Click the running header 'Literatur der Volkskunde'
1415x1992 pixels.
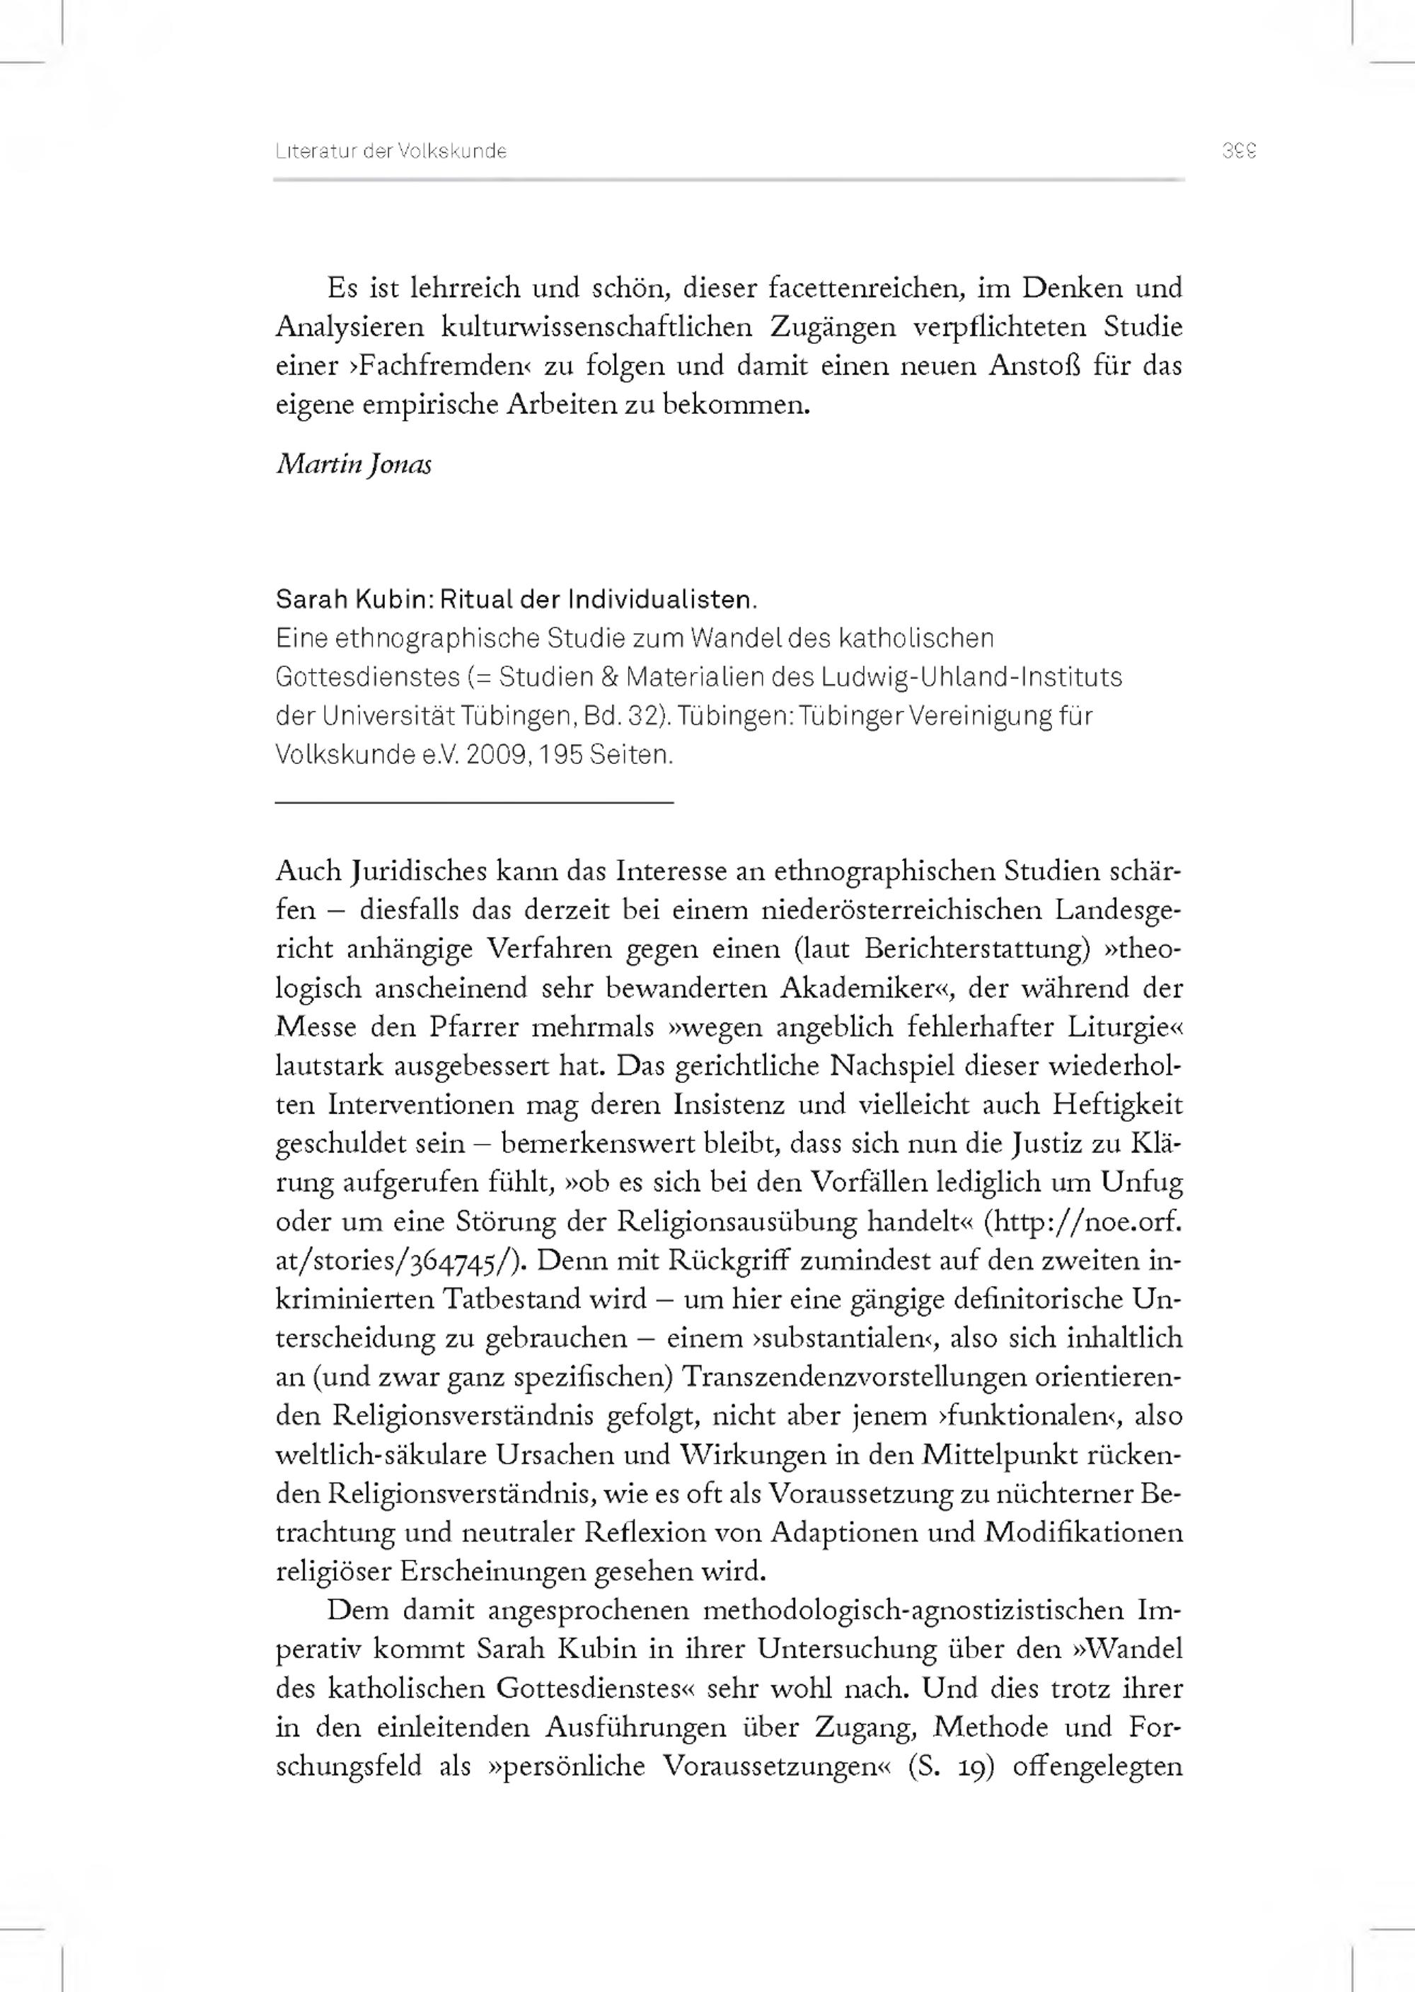click(391, 151)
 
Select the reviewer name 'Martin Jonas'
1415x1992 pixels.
click(354, 464)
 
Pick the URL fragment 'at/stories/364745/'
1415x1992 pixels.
click(399, 1261)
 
